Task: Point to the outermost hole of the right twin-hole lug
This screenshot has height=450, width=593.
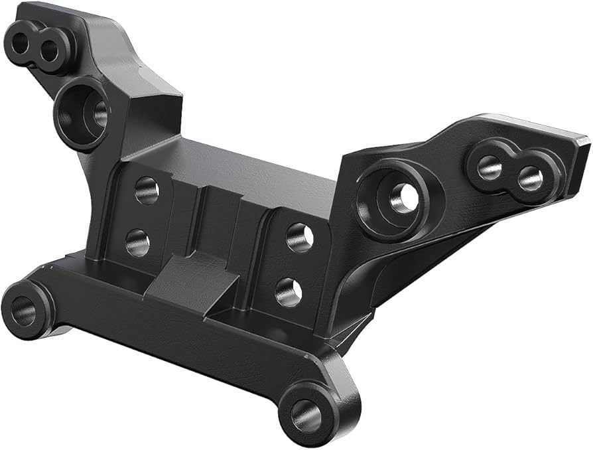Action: pyautogui.click(x=530, y=177)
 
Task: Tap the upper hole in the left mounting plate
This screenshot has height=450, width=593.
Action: pyautogui.click(x=147, y=190)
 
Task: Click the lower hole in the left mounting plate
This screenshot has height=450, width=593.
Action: pyautogui.click(x=137, y=242)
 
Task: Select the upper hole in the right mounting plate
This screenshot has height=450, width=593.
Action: pyautogui.click(x=300, y=237)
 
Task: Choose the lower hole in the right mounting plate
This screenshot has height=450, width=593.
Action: pyautogui.click(x=289, y=291)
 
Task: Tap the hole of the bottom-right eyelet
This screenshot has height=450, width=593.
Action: pyautogui.click(x=306, y=414)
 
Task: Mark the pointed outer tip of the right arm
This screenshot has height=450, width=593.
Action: pyautogui.click(x=584, y=141)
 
